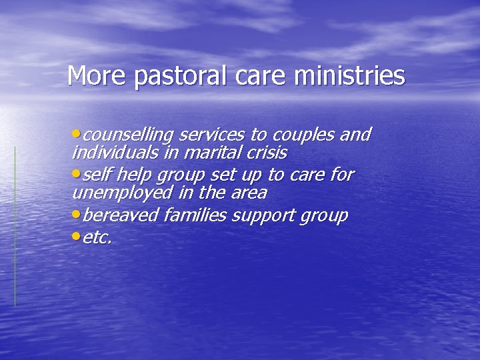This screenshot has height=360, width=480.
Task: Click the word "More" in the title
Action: (98, 76)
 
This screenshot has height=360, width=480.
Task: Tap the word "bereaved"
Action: (120, 216)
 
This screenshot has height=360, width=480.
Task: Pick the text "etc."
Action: (98, 237)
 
